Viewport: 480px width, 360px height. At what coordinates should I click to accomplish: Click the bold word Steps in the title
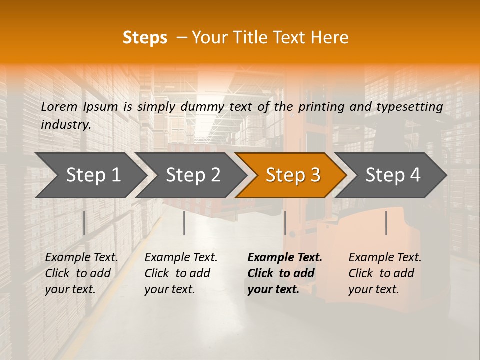pyautogui.click(x=145, y=38)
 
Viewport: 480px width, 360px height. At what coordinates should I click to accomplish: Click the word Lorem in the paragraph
pyautogui.click(x=59, y=106)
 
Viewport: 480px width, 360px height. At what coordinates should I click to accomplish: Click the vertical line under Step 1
pyautogui.click(x=84, y=223)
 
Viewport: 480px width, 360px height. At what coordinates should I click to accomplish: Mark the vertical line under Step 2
pyautogui.click(x=184, y=223)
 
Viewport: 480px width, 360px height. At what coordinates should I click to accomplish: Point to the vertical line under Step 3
pyautogui.click(x=285, y=223)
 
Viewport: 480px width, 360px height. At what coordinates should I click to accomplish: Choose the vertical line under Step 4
pyautogui.click(x=386, y=223)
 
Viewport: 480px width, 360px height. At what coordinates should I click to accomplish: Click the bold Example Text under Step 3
pyautogui.click(x=285, y=257)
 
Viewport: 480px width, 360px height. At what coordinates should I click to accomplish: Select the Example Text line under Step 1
pyautogui.click(x=81, y=257)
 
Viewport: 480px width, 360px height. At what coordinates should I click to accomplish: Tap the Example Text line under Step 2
pyautogui.click(x=181, y=257)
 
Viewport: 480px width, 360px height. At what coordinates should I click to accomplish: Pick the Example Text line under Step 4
pyautogui.click(x=385, y=257)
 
